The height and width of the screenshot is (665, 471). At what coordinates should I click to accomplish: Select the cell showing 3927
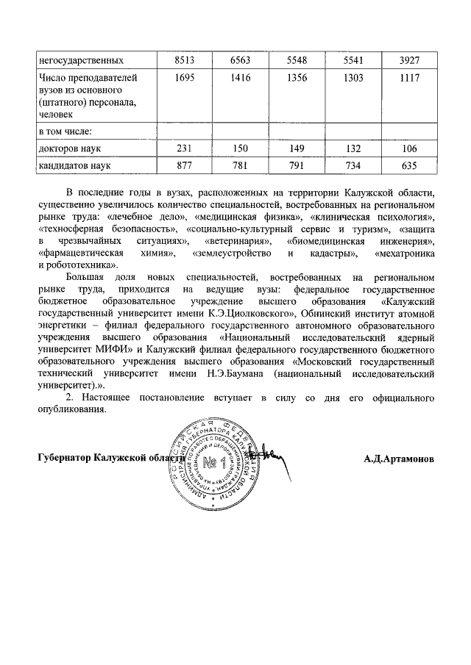[412, 58]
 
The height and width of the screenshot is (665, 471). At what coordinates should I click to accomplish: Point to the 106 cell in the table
[412, 149]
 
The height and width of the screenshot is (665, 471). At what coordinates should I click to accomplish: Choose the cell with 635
[412, 166]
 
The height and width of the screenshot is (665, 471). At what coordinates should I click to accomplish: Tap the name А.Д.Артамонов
[398, 458]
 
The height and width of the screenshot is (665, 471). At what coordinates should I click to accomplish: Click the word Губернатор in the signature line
[62, 458]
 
